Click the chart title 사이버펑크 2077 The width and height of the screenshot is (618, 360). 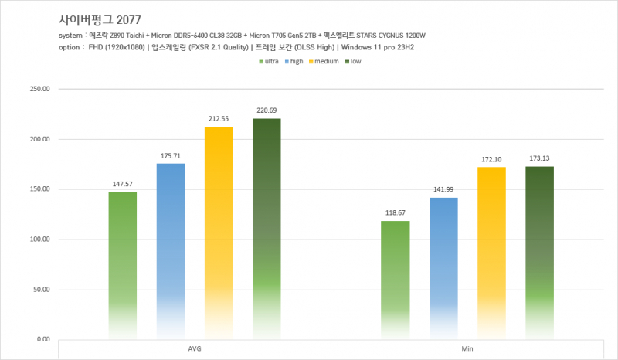[x=99, y=19]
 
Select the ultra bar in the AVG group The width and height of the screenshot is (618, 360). [x=123, y=263]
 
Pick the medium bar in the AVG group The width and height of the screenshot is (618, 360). [x=219, y=232]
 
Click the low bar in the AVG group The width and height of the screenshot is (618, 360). [x=267, y=228]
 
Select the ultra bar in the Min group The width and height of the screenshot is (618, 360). [x=395, y=278]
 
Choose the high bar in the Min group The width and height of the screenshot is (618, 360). [x=443, y=267]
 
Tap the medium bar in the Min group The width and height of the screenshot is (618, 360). [x=491, y=251]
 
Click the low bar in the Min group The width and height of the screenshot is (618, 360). [x=539, y=251]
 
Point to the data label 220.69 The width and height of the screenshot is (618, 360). [x=267, y=110]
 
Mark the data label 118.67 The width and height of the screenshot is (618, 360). [x=395, y=212]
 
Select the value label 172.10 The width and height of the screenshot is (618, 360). [x=491, y=159]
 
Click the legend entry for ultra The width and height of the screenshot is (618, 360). [x=269, y=61]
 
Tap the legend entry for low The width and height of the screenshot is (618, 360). [x=352, y=61]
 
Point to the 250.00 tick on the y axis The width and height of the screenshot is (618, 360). [x=39, y=89]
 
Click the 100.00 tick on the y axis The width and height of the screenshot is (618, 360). [x=39, y=239]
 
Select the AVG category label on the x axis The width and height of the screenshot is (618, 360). [x=195, y=349]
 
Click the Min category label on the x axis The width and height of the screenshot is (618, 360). [x=467, y=349]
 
